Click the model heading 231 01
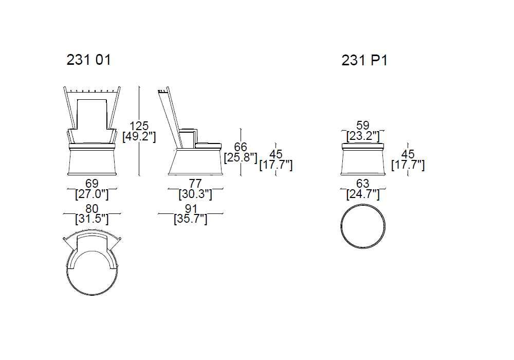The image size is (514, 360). tap(88, 60)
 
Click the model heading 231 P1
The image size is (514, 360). tap(364, 60)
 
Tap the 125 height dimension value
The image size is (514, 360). tap(139, 125)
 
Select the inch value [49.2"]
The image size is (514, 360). tap(139, 136)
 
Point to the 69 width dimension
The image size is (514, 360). tap(92, 183)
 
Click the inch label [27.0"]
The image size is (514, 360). tap(92, 194)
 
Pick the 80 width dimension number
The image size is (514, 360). tap(92, 208)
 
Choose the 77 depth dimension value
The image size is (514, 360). tap(195, 183)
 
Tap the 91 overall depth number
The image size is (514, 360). tap(191, 208)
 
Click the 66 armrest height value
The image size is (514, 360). tap(241, 147)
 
